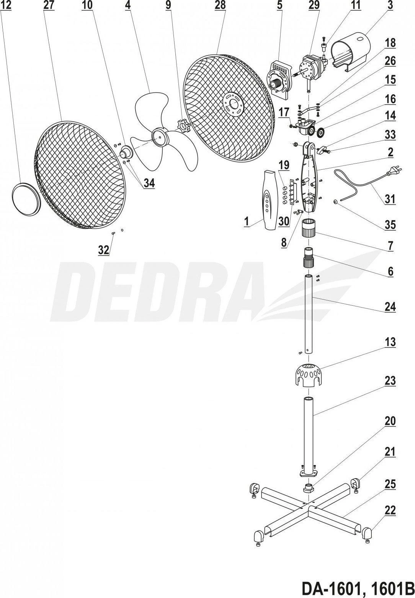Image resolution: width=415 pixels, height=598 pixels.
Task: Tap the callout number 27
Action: pos(49,6)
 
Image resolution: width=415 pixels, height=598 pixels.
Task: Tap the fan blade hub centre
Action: pos(160,136)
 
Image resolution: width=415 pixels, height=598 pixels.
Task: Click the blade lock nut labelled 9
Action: pos(183,126)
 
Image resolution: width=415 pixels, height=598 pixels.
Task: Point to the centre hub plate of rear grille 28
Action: pos(232,105)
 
